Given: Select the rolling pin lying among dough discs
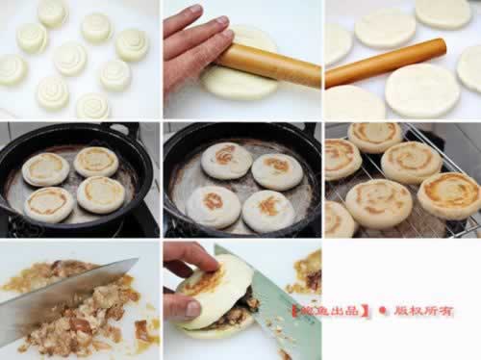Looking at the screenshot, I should tap(385, 63).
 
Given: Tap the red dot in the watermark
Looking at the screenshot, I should tap(383, 311).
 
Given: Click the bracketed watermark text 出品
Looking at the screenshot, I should tap(346, 311).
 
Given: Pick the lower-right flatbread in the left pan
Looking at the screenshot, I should tap(100, 194).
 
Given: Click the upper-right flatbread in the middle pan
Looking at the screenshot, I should tap(277, 171).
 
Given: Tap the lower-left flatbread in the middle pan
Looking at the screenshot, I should tap(213, 205).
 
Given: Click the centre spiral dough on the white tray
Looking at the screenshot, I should tap(69, 58).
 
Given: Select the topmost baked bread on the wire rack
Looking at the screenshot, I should tap(375, 136).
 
